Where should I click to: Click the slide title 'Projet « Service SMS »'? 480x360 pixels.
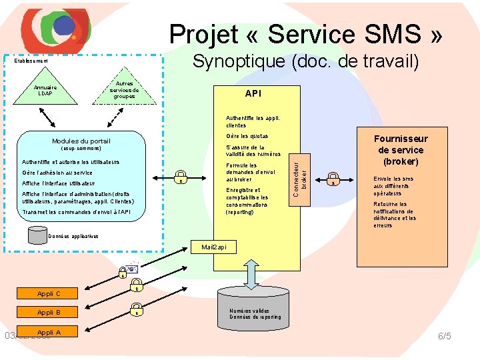[305, 34]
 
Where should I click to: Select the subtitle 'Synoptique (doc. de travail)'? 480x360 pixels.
[305, 62]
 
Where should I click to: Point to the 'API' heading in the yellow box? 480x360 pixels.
[253, 94]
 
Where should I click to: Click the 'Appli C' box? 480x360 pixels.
[49, 293]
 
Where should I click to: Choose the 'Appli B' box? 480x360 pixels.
[49, 312]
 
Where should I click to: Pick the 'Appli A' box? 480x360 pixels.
[49, 332]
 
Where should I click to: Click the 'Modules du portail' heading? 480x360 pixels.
[81, 141]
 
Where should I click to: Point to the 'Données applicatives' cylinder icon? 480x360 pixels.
[37, 234]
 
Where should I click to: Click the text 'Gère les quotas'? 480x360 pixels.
[242, 136]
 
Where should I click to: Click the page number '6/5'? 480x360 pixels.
[444, 336]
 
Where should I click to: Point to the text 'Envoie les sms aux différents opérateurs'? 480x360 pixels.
[393, 185]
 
